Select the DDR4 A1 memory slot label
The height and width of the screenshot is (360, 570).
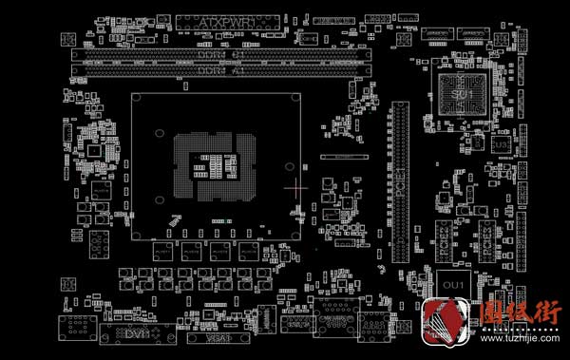tap(221, 70)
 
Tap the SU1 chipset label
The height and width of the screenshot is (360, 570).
tap(461, 96)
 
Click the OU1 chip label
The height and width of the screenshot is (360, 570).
tap(453, 285)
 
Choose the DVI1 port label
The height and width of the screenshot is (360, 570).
tap(139, 335)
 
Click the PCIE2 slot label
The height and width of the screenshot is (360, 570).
tap(443, 234)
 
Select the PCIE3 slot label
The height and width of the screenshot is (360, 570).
tap(485, 234)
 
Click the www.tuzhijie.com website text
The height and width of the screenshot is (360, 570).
tap(522, 345)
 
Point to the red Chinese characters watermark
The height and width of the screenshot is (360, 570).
tap(521, 316)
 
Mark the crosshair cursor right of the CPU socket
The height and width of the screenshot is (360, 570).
tap(298, 187)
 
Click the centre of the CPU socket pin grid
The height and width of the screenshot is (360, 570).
tap(213, 167)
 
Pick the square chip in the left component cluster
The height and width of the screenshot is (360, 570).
tap(93, 150)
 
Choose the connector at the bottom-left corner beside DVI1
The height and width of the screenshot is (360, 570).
tap(76, 330)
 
